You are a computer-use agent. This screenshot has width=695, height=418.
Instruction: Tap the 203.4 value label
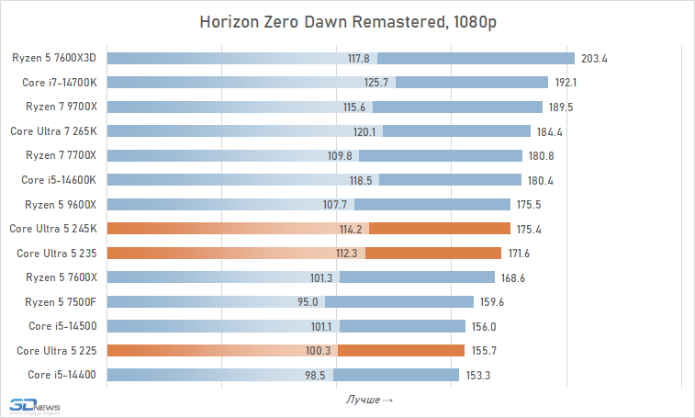[595, 59]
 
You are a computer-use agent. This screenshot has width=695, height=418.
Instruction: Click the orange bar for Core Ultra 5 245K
[441, 229]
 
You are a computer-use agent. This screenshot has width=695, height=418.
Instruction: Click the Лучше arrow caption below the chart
[369, 400]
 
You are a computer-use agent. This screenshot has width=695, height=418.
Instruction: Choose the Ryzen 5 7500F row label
[62, 301]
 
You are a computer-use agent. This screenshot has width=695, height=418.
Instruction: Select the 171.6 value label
[515, 253]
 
